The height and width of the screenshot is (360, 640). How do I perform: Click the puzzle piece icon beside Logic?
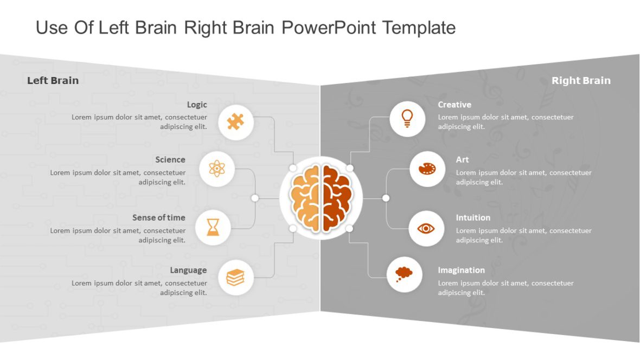pos(235,122)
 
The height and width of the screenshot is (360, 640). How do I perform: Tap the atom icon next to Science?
pos(216,169)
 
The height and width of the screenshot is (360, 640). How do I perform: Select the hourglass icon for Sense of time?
pos(213,227)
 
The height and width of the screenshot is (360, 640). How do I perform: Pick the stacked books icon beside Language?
pos(235,278)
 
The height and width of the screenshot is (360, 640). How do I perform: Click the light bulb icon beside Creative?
pos(407,118)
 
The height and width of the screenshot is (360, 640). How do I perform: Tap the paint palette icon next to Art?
pos(427,169)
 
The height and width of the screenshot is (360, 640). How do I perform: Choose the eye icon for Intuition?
pos(426,228)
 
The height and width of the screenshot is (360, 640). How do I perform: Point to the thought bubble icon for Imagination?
pos(404,274)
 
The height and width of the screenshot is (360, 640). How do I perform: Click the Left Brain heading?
pos(53,81)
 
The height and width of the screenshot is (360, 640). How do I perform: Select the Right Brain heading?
pos(581,81)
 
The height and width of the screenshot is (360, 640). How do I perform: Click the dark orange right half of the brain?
pos(336,198)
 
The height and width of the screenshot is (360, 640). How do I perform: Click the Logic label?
pos(197,105)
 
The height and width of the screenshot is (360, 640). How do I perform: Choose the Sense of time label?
pos(158,217)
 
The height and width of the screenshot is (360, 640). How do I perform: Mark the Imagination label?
pos(461,270)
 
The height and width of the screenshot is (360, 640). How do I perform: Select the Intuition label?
pos(473,217)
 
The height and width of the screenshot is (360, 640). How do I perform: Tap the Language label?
pos(188,270)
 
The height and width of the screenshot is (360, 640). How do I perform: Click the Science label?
pos(170,159)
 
